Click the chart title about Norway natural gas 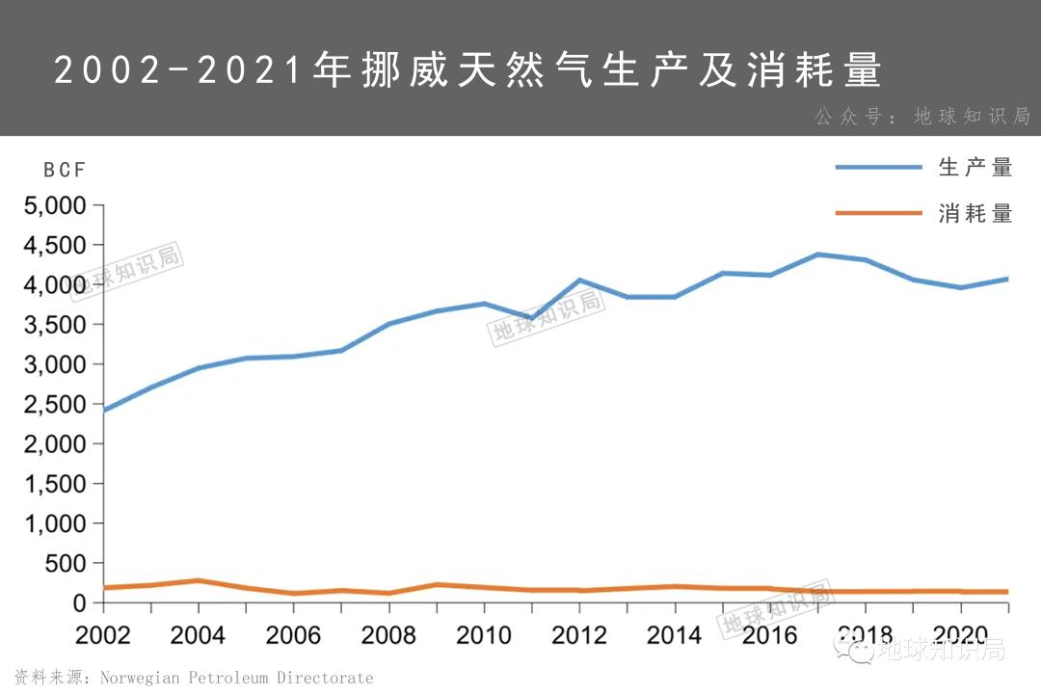(x=467, y=70)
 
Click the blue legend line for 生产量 (x=878, y=168)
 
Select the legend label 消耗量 (x=975, y=214)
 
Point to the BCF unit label (x=65, y=171)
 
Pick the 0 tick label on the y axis (x=80, y=603)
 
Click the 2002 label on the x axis (x=103, y=635)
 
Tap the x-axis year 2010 (x=484, y=635)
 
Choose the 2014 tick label (x=675, y=635)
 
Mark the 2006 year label (x=293, y=635)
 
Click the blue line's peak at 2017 (x=817, y=254)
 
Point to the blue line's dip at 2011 (x=531, y=318)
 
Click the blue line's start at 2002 (x=104, y=411)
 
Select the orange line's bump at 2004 (x=198, y=580)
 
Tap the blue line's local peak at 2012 (x=579, y=281)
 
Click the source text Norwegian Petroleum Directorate (x=236, y=678)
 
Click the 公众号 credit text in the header (x=922, y=117)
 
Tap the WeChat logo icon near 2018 (x=859, y=651)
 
